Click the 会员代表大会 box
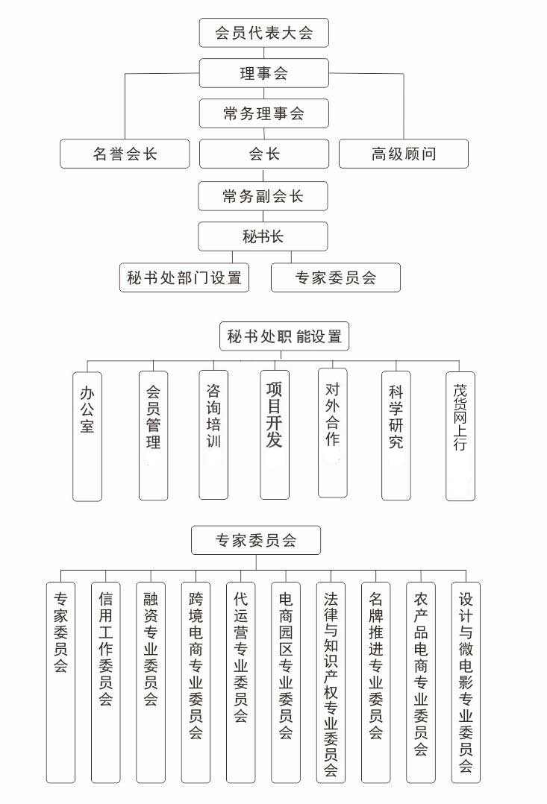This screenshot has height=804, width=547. coord(263,33)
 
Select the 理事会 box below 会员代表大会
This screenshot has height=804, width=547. coord(263,73)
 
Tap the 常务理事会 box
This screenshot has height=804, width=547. coord(263,113)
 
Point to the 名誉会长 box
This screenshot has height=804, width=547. coord(125,154)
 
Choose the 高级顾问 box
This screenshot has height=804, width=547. coord(404,154)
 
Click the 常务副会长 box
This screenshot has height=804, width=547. coord(263,196)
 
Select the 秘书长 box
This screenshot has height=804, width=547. coord(263,236)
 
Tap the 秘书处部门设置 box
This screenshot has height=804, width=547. coord(184,277)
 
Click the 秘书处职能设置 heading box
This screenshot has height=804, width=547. coord(284,336)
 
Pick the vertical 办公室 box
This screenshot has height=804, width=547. coord(87,436)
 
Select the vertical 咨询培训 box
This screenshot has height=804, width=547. coord(213,436)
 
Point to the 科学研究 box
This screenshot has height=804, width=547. coord(396,436)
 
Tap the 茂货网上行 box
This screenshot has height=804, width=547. coord(460,436)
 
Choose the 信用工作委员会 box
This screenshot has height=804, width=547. coord(106,682)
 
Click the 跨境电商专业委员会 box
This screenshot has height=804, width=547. coord(196,682)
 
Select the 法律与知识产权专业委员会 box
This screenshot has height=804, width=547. coord(331,682)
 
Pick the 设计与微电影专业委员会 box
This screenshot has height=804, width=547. coord(466,682)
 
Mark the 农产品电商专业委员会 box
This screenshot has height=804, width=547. coord(421,682)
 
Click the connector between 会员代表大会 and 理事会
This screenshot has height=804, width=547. coord(263,54)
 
